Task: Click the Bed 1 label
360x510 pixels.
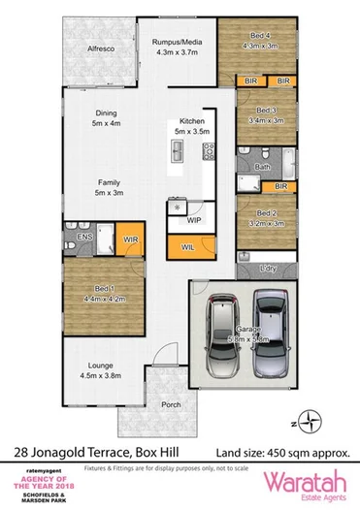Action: pyautogui.click(x=106, y=289)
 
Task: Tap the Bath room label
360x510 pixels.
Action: pyautogui.click(x=261, y=167)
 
